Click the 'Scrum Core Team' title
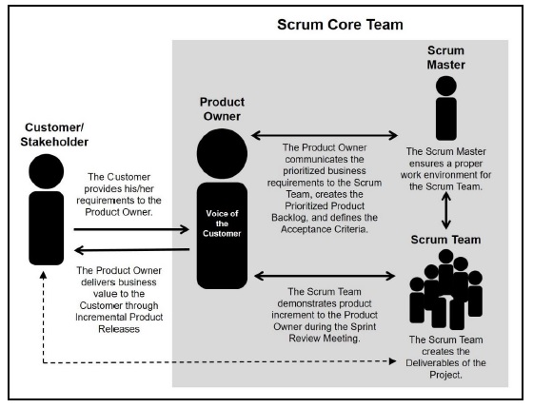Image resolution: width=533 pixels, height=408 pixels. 340,25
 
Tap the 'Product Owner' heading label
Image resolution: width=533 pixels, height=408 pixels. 222,109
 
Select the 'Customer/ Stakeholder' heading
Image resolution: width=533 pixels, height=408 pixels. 54,134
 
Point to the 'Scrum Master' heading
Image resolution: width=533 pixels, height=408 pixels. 446,57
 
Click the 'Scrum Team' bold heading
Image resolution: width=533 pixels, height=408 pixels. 445,240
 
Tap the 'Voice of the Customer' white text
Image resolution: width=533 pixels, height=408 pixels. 222,223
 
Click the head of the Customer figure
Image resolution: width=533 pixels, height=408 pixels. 47,171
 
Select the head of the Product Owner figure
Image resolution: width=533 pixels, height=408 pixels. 222,153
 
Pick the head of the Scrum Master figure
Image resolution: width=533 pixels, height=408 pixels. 446,86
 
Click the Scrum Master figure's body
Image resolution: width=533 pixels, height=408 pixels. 446,119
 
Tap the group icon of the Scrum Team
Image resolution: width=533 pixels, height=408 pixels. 445,290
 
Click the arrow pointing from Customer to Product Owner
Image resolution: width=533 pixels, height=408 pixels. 131,229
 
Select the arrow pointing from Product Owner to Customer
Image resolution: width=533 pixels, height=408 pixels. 131,250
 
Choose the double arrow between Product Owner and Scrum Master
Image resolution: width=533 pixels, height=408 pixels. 325,135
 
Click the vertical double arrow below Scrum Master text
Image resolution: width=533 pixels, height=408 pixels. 446,210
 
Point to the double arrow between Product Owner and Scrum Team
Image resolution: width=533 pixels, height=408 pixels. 325,276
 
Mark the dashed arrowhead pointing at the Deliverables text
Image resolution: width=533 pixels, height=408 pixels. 392,361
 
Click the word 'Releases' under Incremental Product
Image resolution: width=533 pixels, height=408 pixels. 119,329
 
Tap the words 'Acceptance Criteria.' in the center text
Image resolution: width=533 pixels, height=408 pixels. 325,229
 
